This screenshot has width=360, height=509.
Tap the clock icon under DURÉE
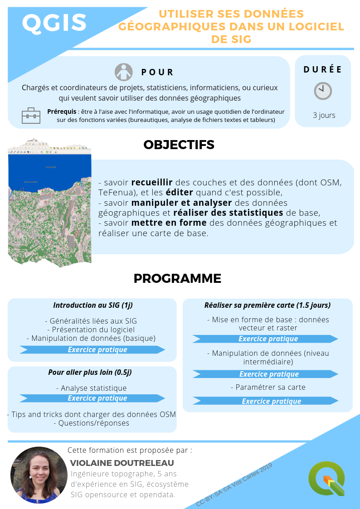tap(323, 91)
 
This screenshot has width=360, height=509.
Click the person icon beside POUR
tap(123, 72)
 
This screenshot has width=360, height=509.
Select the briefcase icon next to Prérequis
tap(31, 116)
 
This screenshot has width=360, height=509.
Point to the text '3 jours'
tap(324, 115)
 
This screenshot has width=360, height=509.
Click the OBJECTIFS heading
tap(179, 145)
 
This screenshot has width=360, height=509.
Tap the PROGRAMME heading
tap(177, 278)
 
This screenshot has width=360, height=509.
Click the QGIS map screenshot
tap(49, 204)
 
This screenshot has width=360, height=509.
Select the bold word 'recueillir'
tap(153, 183)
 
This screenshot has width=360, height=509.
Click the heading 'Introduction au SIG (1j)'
tap(92, 305)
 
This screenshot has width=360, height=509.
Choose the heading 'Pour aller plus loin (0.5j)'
tap(90, 372)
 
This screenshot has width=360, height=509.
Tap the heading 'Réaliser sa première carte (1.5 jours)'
tap(268, 305)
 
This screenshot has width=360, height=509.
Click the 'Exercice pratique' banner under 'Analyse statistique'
tap(97, 398)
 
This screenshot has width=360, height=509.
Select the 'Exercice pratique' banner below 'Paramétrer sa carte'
tap(271, 401)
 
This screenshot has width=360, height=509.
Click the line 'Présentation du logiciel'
tap(91, 330)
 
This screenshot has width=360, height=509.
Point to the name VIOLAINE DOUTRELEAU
tap(122, 463)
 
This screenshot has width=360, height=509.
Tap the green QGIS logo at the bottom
tap(326, 478)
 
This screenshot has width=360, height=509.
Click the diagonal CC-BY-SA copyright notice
tap(234, 484)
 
